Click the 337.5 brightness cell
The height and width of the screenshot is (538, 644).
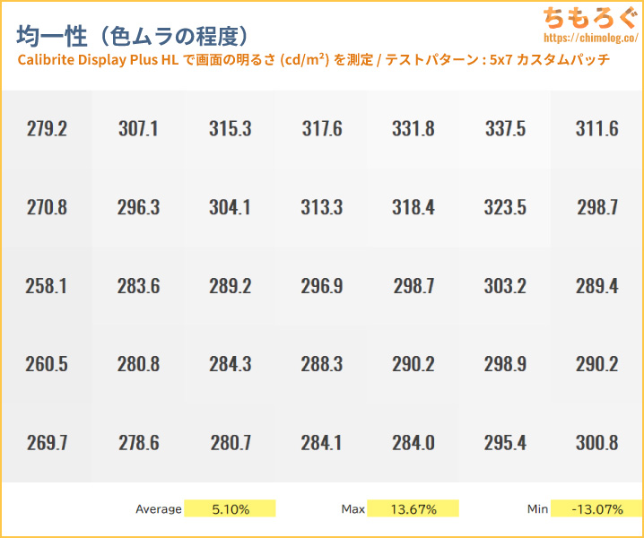click(505, 129)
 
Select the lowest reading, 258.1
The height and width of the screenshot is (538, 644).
click(47, 287)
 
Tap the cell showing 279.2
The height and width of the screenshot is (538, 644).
click(47, 129)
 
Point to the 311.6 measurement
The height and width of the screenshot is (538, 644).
click(596, 129)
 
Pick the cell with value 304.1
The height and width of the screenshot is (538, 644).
click(230, 208)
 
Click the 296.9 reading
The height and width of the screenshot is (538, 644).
click(322, 287)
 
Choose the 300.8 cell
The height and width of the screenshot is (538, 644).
click(596, 443)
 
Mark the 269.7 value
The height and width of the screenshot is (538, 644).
click(47, 443)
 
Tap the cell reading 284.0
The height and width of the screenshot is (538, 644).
click(413, 443)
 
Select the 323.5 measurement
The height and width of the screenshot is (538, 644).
click(505, 208)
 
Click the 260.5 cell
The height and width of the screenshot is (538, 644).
click(47, 365)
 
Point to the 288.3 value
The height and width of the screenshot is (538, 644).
click(322, 365)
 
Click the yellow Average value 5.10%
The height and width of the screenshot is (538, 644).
click(231, 509)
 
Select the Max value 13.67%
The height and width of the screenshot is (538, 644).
click(413, 509)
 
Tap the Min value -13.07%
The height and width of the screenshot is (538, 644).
click(596, 509)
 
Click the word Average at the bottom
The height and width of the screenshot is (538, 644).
click(159, 509)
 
